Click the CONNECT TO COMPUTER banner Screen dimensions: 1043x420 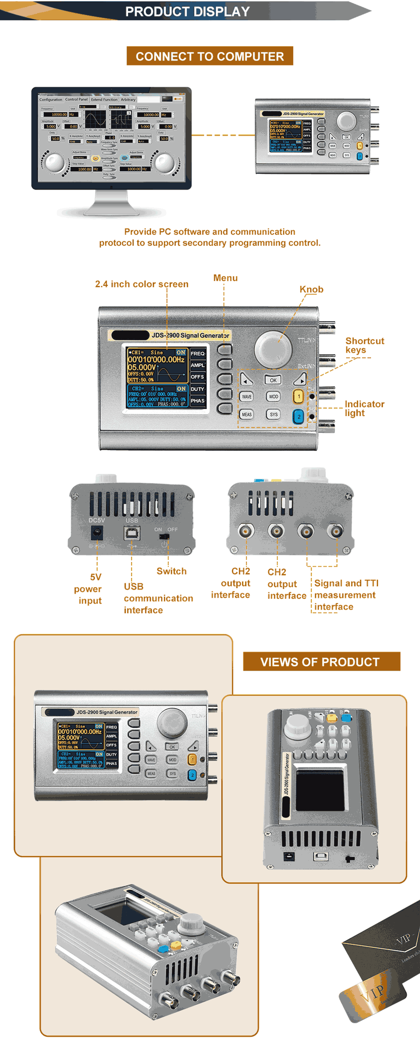tap(210, 56)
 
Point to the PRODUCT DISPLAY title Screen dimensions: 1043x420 tap(187, 11)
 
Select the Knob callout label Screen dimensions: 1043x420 tap(311, 289)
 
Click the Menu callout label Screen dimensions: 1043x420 tap(225, 278)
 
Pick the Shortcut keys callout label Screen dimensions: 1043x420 tap(364, 345)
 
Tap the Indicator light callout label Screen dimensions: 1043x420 tap(364, 408)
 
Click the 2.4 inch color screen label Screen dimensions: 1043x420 tap(142, 284)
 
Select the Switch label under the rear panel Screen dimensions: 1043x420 tap(171, 571)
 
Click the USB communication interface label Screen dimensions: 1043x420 tap(157, 598)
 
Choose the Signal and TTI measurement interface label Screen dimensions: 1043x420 tap(345, 595)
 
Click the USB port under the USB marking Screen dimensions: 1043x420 tap(131, 533)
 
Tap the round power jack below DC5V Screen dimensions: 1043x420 tap(97, 533)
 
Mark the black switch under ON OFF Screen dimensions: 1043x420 tap(165, 536)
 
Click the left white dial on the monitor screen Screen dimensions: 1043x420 tap(55, 163)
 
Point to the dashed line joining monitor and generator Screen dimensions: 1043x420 tap(223, 135)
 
